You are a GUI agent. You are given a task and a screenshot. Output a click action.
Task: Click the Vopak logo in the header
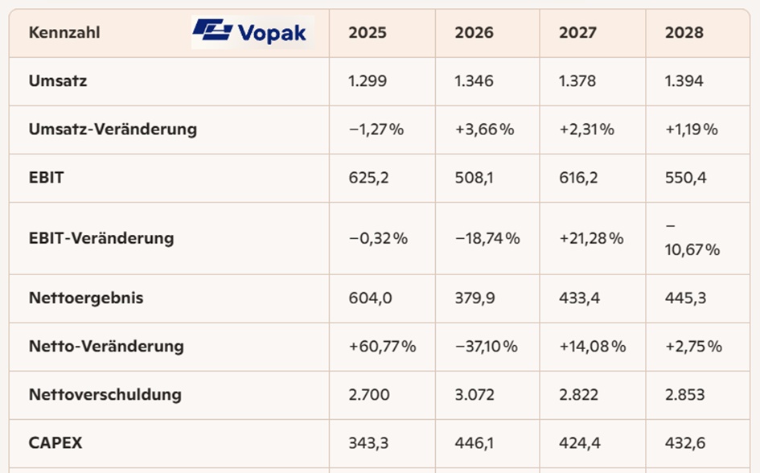[x=251, y=32]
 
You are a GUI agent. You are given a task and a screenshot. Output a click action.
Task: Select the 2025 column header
[x=368, y=33]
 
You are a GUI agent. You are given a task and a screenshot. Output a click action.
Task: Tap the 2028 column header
[x=684, y=33]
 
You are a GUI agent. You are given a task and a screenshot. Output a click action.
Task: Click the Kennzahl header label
[x=64, y=33]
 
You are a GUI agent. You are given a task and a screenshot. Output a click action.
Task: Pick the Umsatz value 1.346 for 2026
[x=474, y=81]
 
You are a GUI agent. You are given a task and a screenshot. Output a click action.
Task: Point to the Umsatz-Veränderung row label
[x=113, y=129]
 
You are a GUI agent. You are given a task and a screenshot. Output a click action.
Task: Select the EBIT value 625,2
[x=369, y=178]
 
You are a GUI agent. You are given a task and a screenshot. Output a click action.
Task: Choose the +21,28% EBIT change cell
[x=592, y=238]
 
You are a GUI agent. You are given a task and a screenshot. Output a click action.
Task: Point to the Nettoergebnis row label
[x=86, y=298]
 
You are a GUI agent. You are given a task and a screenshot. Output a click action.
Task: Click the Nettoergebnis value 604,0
[x=371, y=298]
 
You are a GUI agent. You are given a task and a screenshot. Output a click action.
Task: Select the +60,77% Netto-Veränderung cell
[x=382, y=347]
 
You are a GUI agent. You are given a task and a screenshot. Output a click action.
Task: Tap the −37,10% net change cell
[x=487, y=347]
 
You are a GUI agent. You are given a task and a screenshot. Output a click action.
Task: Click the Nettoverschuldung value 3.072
[x=474, y=394]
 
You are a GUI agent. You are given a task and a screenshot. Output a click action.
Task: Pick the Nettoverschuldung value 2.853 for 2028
[x=685, y=394]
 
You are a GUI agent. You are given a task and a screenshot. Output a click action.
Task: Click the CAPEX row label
[x=55, y=442]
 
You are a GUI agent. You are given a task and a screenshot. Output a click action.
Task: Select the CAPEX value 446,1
[x=474, y=442]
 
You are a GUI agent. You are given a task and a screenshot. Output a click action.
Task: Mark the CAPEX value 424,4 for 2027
[x=580, y=442]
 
